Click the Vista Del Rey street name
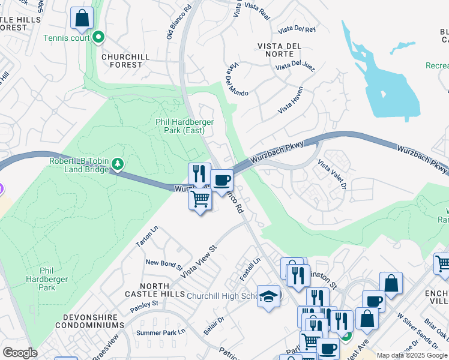click(x=297, y=28)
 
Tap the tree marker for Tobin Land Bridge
click(x=118, y=164)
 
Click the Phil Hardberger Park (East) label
click(x=184, y=125)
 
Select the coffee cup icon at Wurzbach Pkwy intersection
click(x=221, y=180)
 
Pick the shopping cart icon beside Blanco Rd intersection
click(x=200, y=199)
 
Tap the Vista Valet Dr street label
click(x=332, y=174)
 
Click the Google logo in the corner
click(x=20, y=353)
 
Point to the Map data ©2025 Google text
click(x=412, y=355)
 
